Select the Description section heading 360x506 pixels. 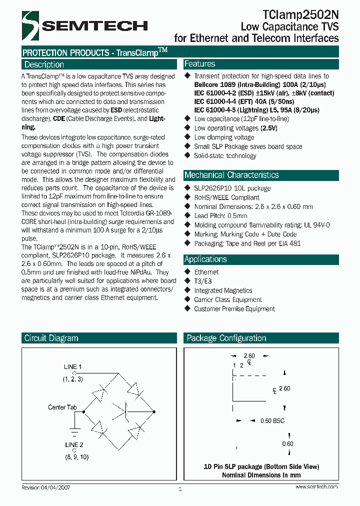point(44,64)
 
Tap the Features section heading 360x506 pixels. point(200,64)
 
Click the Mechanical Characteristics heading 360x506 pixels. point(231,175)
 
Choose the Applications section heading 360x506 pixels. point(205,259)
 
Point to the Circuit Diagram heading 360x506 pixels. point(51,338)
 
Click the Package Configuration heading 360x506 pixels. point(226,338)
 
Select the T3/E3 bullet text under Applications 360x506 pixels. point(203,281)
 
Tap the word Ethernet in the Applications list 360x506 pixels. point(206,272)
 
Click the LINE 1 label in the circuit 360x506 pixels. point(73,367)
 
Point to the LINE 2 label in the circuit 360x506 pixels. point(73,444)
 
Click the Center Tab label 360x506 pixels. point(62,407)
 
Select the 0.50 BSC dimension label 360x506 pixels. point(272,421)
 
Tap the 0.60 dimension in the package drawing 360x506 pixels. point(287,443)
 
